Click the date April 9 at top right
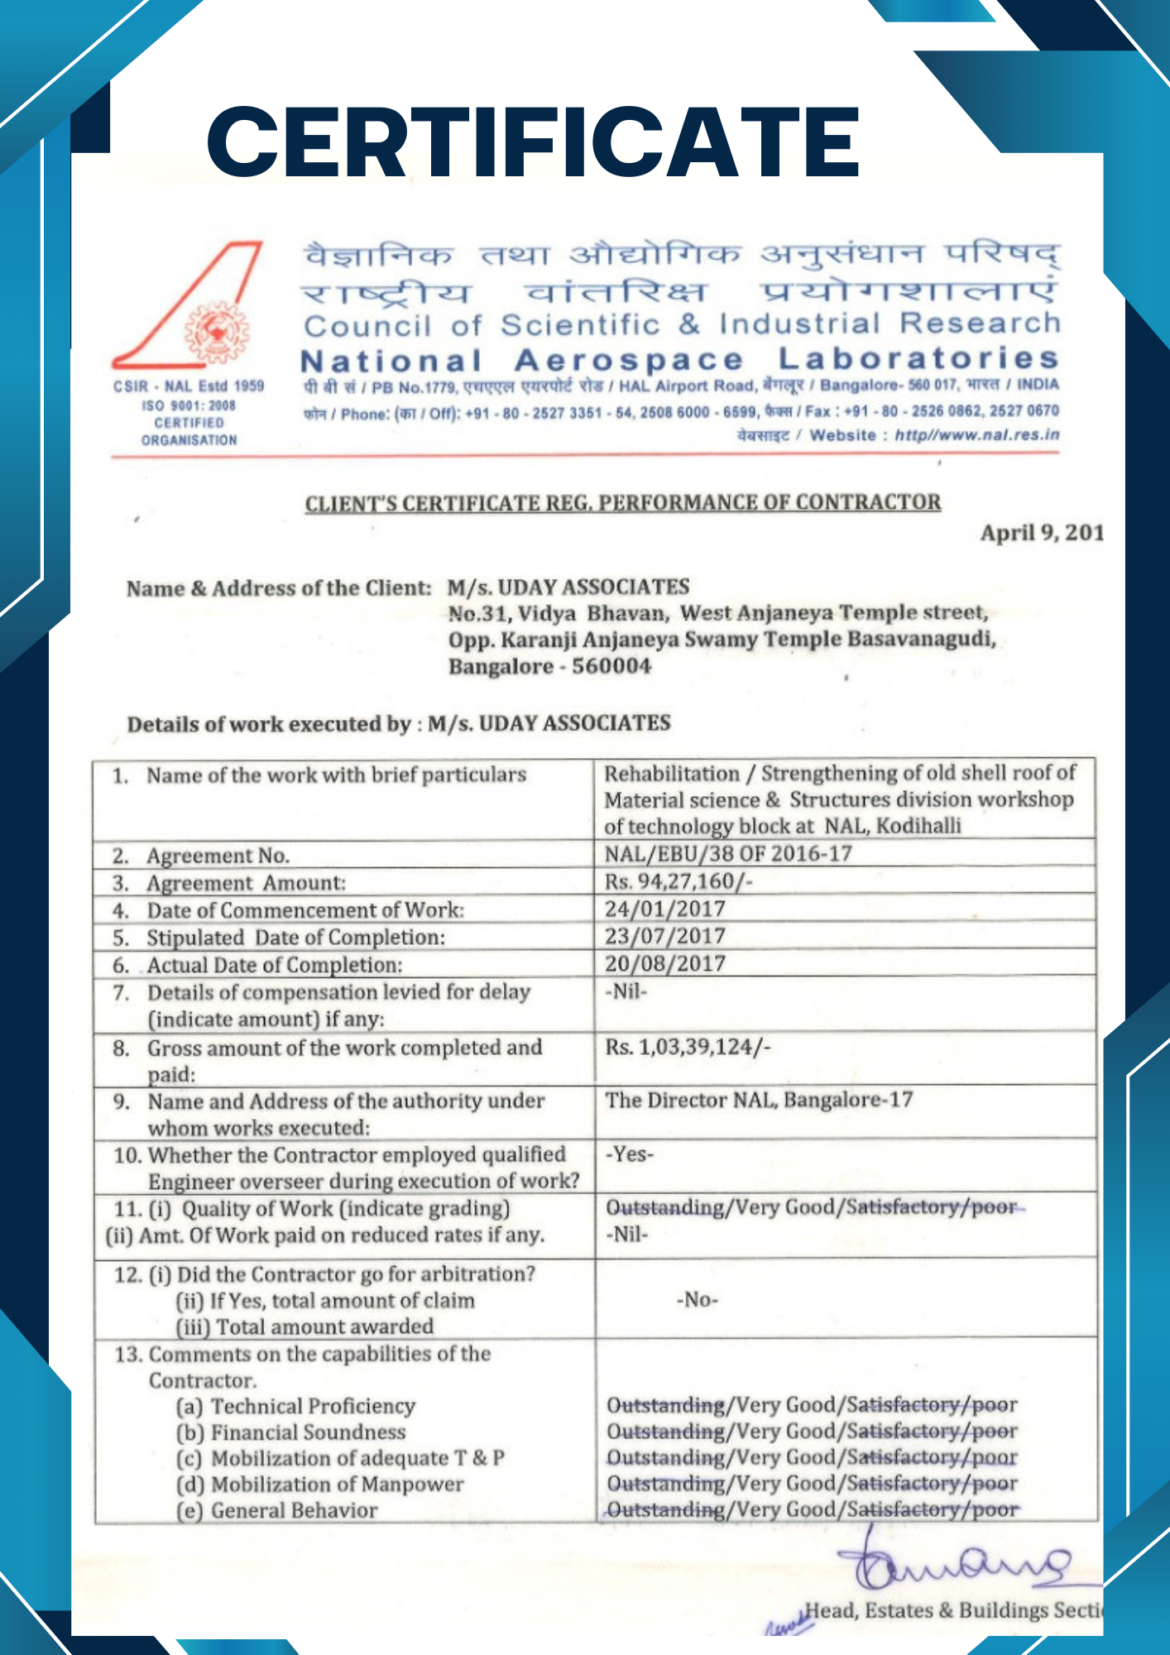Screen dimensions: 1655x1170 (1041, 532)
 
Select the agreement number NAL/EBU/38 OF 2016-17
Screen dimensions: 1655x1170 (728, 853)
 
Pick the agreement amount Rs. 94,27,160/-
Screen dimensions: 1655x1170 (679, 881)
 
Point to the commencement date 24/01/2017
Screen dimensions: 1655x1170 (664, 909)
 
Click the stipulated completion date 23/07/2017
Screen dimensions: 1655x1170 (664, 936)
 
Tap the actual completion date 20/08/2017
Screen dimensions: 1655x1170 (664, 963)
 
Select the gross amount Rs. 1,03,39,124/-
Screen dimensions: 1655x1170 (688, 1047)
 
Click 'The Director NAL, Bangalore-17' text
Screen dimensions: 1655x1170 (759, 1100)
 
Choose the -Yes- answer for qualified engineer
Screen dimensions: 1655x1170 (630, 1154)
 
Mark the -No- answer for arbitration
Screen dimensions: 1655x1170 (697, 1299)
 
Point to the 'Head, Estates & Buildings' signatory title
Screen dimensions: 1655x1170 (952, 1610)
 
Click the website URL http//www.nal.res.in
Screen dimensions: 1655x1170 (976, 435)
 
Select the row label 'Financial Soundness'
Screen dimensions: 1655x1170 (308, 1432)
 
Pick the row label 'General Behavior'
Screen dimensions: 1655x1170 (294, 1510)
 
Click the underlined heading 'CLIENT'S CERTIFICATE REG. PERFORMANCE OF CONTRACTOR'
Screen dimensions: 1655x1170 (622, 503)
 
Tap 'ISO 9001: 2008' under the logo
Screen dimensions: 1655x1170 (189, 405)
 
